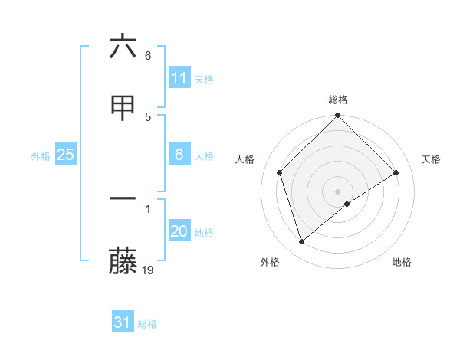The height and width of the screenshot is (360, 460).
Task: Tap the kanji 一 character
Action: [x=123, y=198]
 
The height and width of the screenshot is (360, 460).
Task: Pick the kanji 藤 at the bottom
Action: [x=123, y=261]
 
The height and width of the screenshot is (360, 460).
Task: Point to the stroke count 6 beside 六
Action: [x=148, y=56]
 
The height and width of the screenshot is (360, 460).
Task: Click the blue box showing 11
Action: [x=179, y=78]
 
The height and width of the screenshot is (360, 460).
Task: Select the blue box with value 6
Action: [x=179, y=155]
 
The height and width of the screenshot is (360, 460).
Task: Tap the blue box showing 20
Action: [x=179, y=231]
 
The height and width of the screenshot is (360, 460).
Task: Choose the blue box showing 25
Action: [x=66, y=155]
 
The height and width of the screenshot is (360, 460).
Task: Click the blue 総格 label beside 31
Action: [x=147, y=324]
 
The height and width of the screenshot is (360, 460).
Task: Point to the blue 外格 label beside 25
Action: [x=41, y=156]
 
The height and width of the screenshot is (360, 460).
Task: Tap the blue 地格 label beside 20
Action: [x=204, y=233]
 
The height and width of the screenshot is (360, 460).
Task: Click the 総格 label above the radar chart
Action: [x=338, y=100]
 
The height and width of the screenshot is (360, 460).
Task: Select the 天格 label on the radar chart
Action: [x=432, y=159]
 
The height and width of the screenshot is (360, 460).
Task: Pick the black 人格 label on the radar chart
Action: [x=245, y=159]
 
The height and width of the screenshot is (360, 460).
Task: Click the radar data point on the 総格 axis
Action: [x=338, y=116]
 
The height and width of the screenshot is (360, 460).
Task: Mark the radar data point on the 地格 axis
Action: [x=347, y=204]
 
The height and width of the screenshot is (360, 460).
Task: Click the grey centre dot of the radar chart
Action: [x=338, y=191]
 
